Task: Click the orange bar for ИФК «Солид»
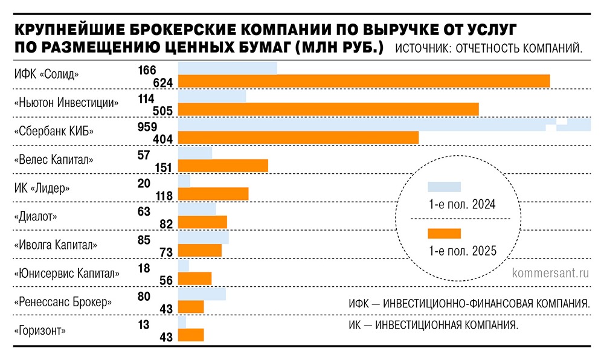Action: pyautogui.click(x=364, y=81)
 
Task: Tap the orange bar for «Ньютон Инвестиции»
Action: pyautogui.click(x=328, y=109)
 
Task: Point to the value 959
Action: pyautogui.click(x=147, y=127)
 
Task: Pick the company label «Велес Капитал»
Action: pyautogui.click(x=53, y=160)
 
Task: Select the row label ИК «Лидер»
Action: pyautogui.click(x=41, y=188)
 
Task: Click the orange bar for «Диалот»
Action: pyautogui.click(x=202, y=222)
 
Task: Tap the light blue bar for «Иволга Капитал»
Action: pyautogui.click(x=204, y=237)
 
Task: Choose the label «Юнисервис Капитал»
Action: pyautogui.click(x=66, y=273)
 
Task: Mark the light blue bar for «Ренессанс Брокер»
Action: pyautogui.click(x=202, y=294)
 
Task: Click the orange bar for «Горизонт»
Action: pyautogui.click(x=191, y=335)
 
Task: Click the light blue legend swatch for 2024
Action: pyautogui.click(x=444, y=187)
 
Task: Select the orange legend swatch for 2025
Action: pyautogui.click(x=444, y=234)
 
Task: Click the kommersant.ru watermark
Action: pyautogui.click(x=550, y=273)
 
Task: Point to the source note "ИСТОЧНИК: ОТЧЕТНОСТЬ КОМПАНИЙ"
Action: pyautogui.click(x=489, y=49)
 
